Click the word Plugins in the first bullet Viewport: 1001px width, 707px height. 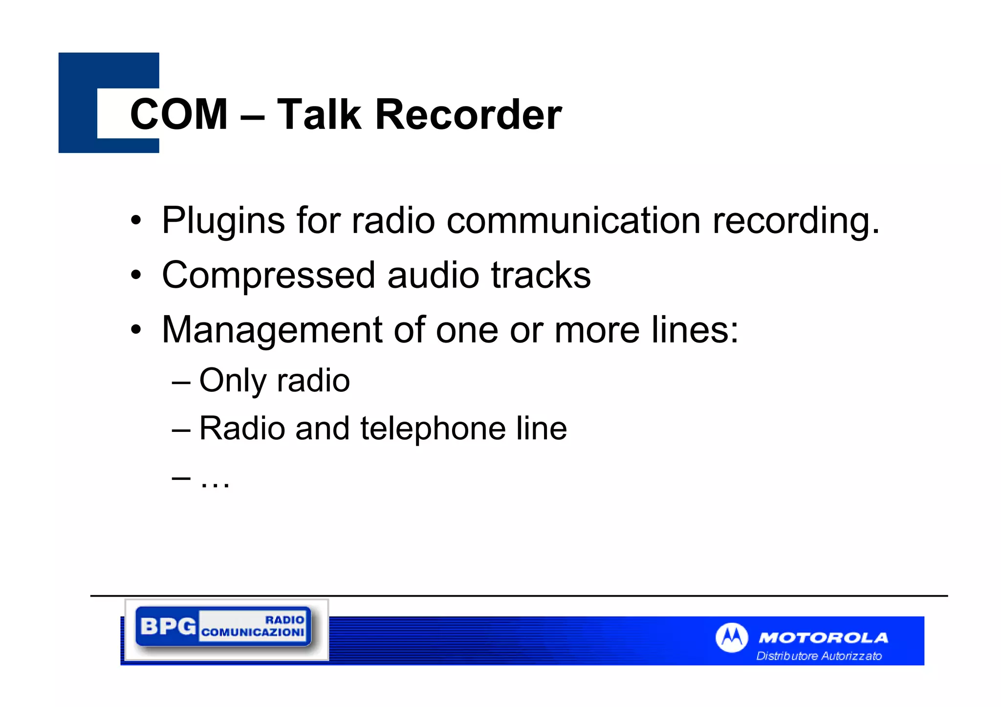(x=223, y=221)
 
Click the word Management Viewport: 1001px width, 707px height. (x=272, y=331)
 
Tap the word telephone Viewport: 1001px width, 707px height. (x=433, y=429)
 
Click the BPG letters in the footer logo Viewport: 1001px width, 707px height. (x=168, y=626)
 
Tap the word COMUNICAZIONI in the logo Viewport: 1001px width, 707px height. (x=253, y=632)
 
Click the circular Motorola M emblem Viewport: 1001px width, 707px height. (x=731, y=637)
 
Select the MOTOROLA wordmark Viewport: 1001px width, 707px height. (x=823, y=638)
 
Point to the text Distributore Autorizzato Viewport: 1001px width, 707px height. (x=819, y=656)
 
